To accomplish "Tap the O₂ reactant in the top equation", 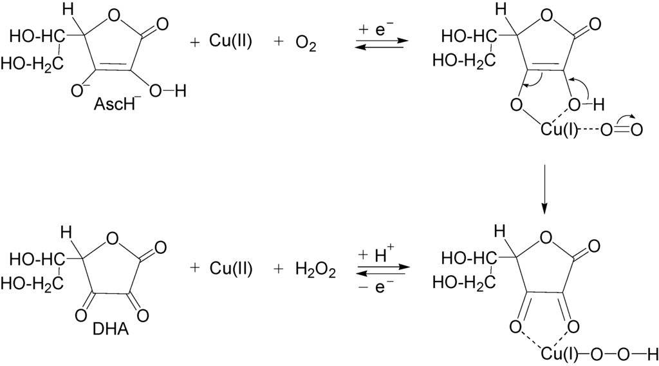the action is coord(305,43).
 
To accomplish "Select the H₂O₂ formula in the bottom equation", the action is coord(315,269).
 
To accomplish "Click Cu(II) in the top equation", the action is coord(230,43).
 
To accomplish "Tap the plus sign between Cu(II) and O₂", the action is coord(279,43).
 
